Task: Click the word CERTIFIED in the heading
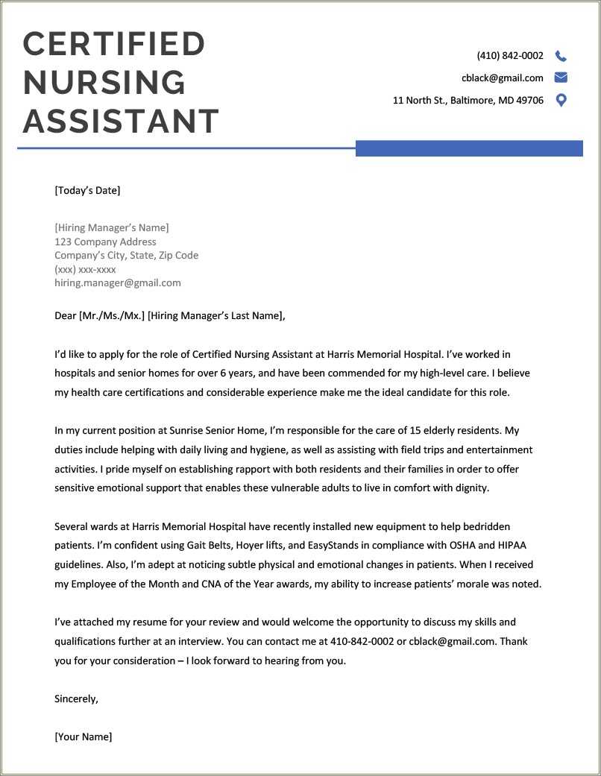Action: click(114, 44)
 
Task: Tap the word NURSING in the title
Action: click(104, 83)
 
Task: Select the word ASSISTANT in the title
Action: click(121, 122)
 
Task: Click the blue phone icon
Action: click(561, 56)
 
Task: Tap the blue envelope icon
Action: click(561, 78)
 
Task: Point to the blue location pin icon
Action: click(561, 100)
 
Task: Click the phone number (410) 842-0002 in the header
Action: click(510, 56)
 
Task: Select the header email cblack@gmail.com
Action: click(502, 78)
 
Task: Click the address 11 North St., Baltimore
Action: click(468, 101)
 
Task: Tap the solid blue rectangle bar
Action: click(469, 148)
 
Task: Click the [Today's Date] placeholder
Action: click(87, 190)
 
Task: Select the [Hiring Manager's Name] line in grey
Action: click(112, 227)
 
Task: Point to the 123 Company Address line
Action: click(105, 242)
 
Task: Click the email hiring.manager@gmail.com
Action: click(118, 283)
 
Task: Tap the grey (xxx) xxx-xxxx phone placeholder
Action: click(85, 269)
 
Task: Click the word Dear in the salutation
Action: click(66, 315)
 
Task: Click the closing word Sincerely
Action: click(76, 698)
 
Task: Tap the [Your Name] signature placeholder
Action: click(84, 736)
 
